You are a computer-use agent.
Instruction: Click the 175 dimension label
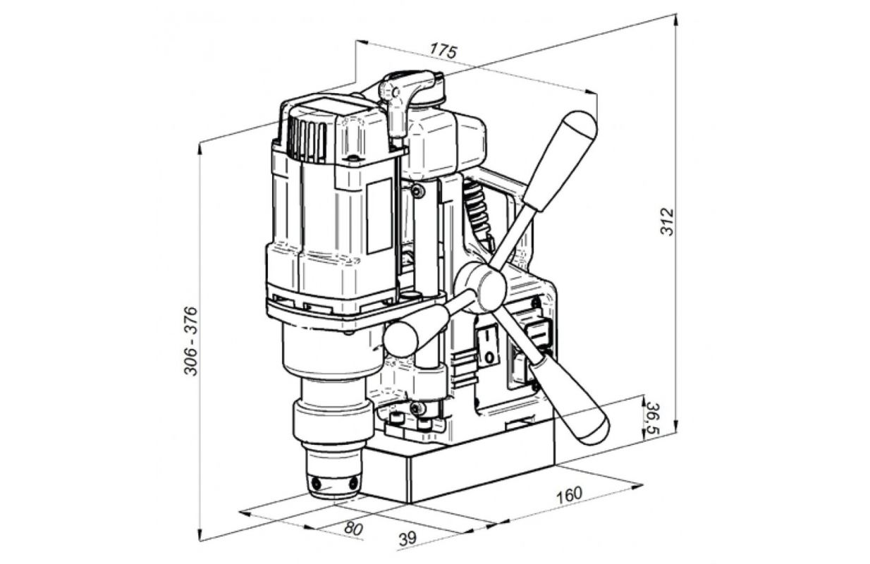[x=443, y=51]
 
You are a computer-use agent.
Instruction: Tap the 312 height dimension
[x=667, y=222]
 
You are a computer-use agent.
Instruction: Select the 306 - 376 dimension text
[x=190, y=341]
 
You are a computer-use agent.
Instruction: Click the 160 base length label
[x=570, y=494]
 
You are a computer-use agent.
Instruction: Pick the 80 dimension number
[x=353, y=528]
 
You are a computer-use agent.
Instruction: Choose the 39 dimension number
[x=408, y=539]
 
